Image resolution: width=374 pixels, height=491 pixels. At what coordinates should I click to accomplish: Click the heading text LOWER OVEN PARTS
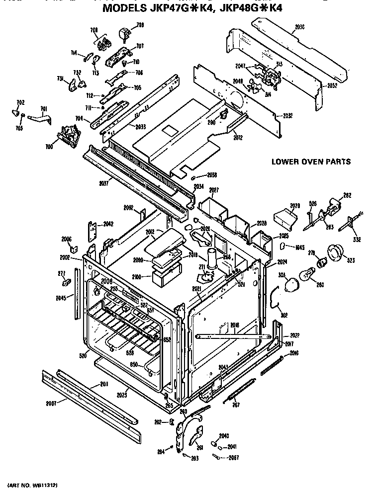click(311, 162)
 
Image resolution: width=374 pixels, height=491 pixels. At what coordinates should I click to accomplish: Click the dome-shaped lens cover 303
click(289, 284)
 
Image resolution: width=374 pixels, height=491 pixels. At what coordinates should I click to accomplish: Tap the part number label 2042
click(108, 224)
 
